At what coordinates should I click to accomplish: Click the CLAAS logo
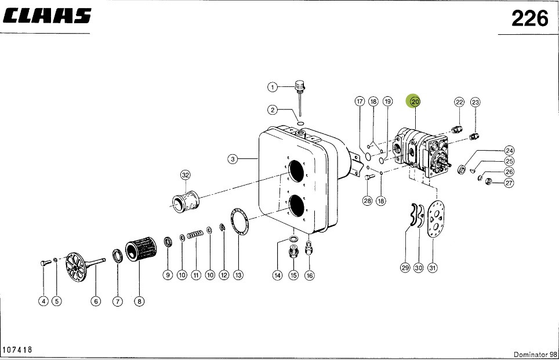point(48,16)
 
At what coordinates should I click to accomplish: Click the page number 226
point(529,19)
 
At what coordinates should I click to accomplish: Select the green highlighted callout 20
point(414,101)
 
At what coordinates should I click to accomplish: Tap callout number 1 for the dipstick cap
point(272,87)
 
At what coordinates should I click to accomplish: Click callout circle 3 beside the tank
point(232,159)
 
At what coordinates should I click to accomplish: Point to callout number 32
point(185,174)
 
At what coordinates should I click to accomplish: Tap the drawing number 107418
point(17,350)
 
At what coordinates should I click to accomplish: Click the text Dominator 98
point(534,354)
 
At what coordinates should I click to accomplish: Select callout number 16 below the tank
point(309,275)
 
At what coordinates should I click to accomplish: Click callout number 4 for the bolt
point(43,300)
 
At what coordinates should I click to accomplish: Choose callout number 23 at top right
point(475,103)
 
